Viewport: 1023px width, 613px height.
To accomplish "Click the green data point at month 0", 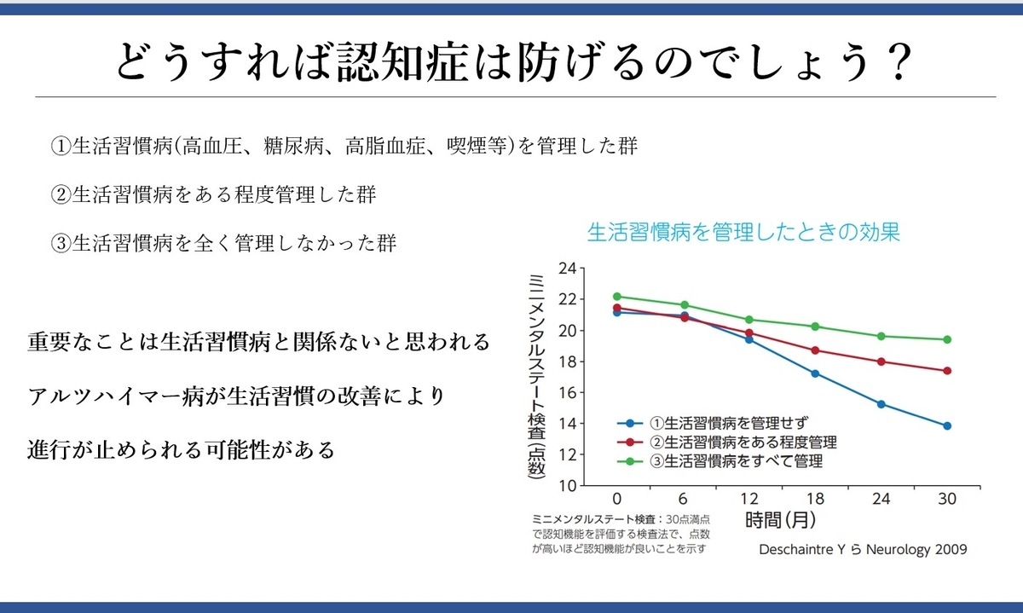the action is [x=617, y=297].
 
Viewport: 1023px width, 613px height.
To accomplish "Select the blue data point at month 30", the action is [x=947, y=425].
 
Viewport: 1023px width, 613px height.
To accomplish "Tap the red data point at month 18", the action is [x=815, y=350].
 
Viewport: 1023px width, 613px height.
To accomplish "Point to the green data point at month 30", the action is [x=947, y=339].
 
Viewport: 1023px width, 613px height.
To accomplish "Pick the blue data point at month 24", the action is [x=881, y=404].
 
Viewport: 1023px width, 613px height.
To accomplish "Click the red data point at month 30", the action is [x=947, y=371].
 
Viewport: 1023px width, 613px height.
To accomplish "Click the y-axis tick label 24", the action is [x=568, y=269].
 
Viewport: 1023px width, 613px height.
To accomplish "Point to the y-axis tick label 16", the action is [x=568, y=393].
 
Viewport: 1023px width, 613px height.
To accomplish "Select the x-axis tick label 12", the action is [x=749, y=499].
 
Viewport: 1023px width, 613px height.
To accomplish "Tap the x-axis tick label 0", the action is [x=617, y=499].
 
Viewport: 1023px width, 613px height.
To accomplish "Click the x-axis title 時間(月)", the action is [x=781, y=520].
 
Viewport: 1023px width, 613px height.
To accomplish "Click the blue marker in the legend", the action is [x=630, y=424].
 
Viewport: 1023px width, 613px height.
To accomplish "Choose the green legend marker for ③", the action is [x=630, y=461].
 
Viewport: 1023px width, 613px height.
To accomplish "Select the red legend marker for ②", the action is [x=630, y=442].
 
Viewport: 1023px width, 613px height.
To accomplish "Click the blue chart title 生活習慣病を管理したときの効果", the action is [x=743, y=232].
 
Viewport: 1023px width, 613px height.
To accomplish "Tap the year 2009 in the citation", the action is [x=951, y=549].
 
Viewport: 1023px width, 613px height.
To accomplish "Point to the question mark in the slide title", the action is [x=899, y=62].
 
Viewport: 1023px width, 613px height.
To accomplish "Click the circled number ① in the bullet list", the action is [x=61, y=147].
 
